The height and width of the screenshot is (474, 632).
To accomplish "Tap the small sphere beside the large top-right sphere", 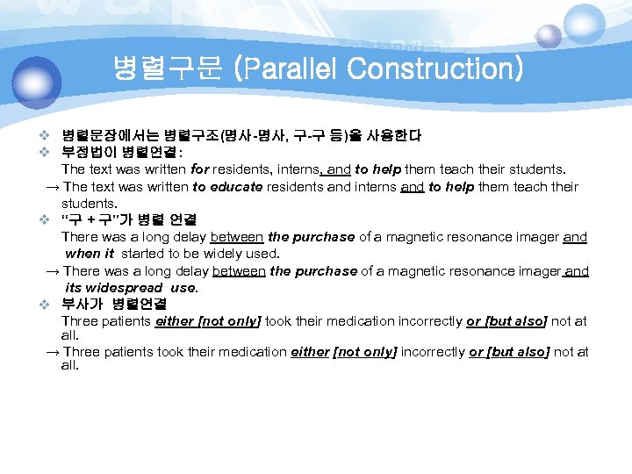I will (x=549, y=36).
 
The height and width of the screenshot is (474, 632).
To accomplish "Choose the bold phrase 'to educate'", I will (x=224, y=186).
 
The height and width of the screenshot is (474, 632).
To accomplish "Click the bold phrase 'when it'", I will (x=90, y=254).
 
